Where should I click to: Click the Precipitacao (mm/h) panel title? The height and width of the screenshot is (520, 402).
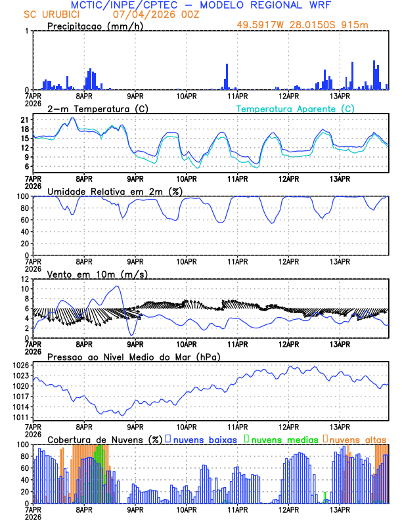click(x=94, y=26)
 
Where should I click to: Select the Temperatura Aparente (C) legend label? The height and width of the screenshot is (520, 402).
click(x=296, y=108)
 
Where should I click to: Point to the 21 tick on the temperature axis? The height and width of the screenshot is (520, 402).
click(x=24, y=120)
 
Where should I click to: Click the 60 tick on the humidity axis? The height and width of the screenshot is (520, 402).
click(x=22, y=220)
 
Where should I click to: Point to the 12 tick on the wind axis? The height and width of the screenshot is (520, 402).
click(x=22, y=279)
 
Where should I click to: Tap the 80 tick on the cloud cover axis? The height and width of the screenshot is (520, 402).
click(x=22, y=456)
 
